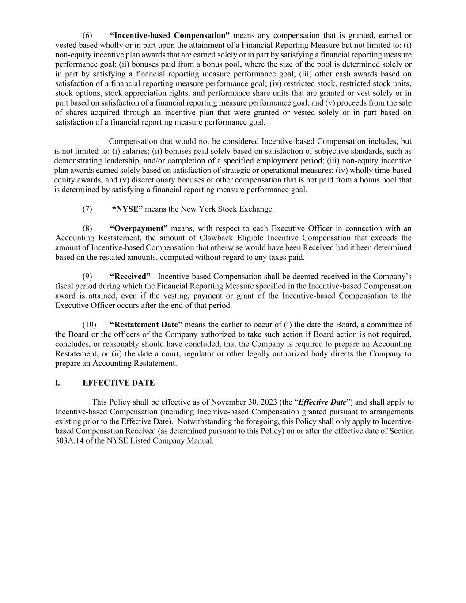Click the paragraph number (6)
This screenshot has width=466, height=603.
coord(87,35)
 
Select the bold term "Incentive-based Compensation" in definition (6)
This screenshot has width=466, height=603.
coord(170,35)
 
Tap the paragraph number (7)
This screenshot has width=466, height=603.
coord(87,209)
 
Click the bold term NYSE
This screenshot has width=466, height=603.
coord(127,209)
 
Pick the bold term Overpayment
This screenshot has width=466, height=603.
coord(139,228)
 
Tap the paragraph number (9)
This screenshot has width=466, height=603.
coord(87,277)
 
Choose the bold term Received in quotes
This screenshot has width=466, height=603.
coord(130,277)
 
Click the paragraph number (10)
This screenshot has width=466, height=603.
coord(89,325)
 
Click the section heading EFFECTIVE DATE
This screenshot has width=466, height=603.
coord(118,383)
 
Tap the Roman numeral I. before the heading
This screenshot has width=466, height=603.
coord(57,383)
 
